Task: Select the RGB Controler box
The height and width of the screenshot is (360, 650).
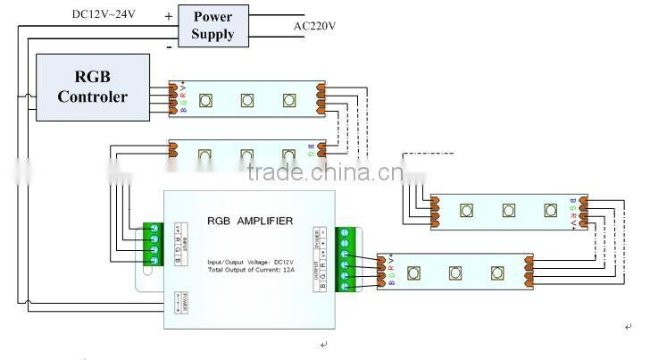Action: click(x=92, y=87)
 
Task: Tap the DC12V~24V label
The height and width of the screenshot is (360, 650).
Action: click(x=105, y=14)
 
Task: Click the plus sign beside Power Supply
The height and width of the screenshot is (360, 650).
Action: click(x=170, y=16)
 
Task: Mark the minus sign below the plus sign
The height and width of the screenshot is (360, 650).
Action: click(x=170, y=45)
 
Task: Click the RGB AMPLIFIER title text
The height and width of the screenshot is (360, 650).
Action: click(x=250, y=220)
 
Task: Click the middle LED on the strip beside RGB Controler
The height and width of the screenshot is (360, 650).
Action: click(x=246, y=99)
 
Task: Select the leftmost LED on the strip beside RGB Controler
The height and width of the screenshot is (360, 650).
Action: click(x=204, y=99)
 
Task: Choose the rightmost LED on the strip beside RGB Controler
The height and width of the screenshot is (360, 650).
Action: click(x=287, y=99)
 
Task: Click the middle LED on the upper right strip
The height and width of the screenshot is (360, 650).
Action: click(x=508, y=212)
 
